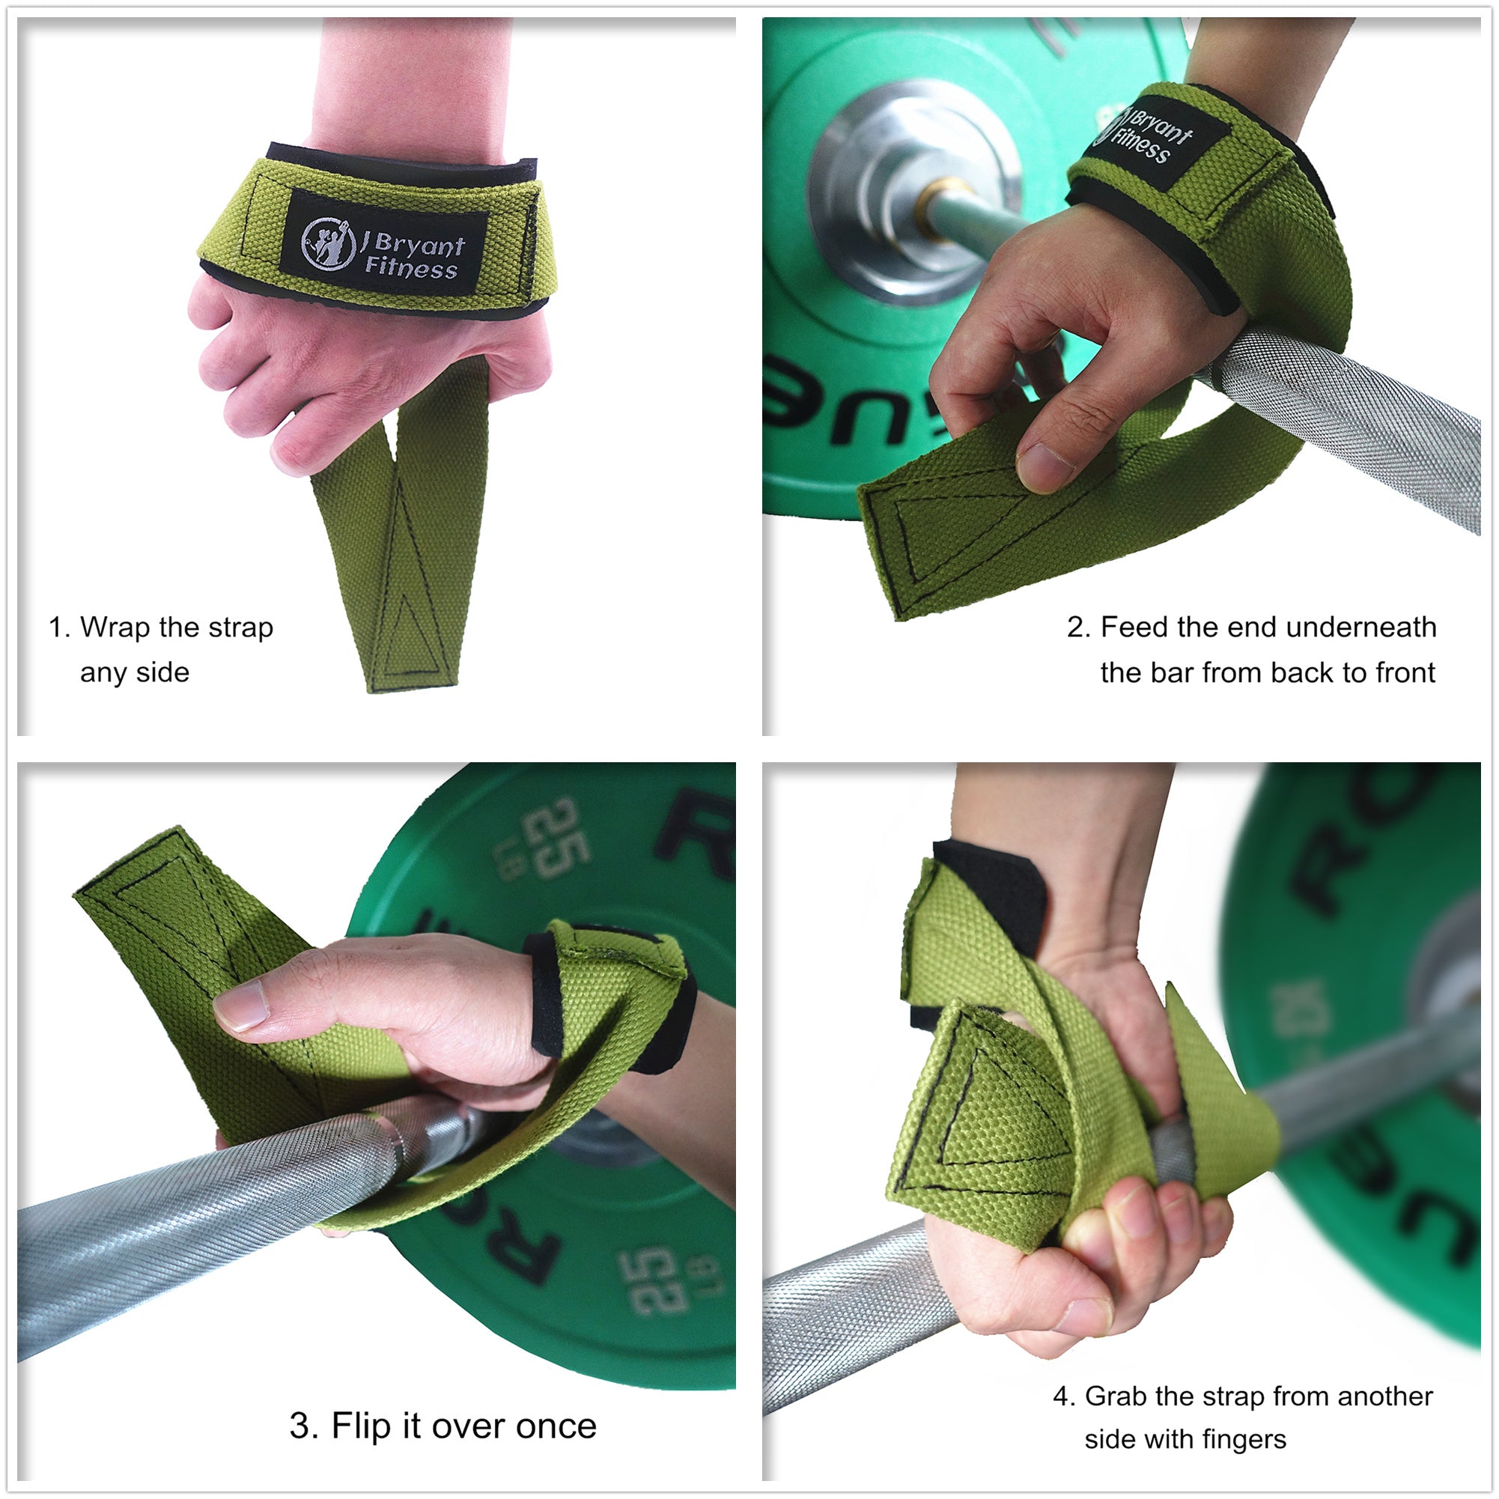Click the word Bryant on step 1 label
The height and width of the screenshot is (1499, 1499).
pos(419,245)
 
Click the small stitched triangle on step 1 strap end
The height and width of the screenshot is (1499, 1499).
pos(410,636)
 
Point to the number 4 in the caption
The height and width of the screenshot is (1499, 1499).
pos(1062,1396)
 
